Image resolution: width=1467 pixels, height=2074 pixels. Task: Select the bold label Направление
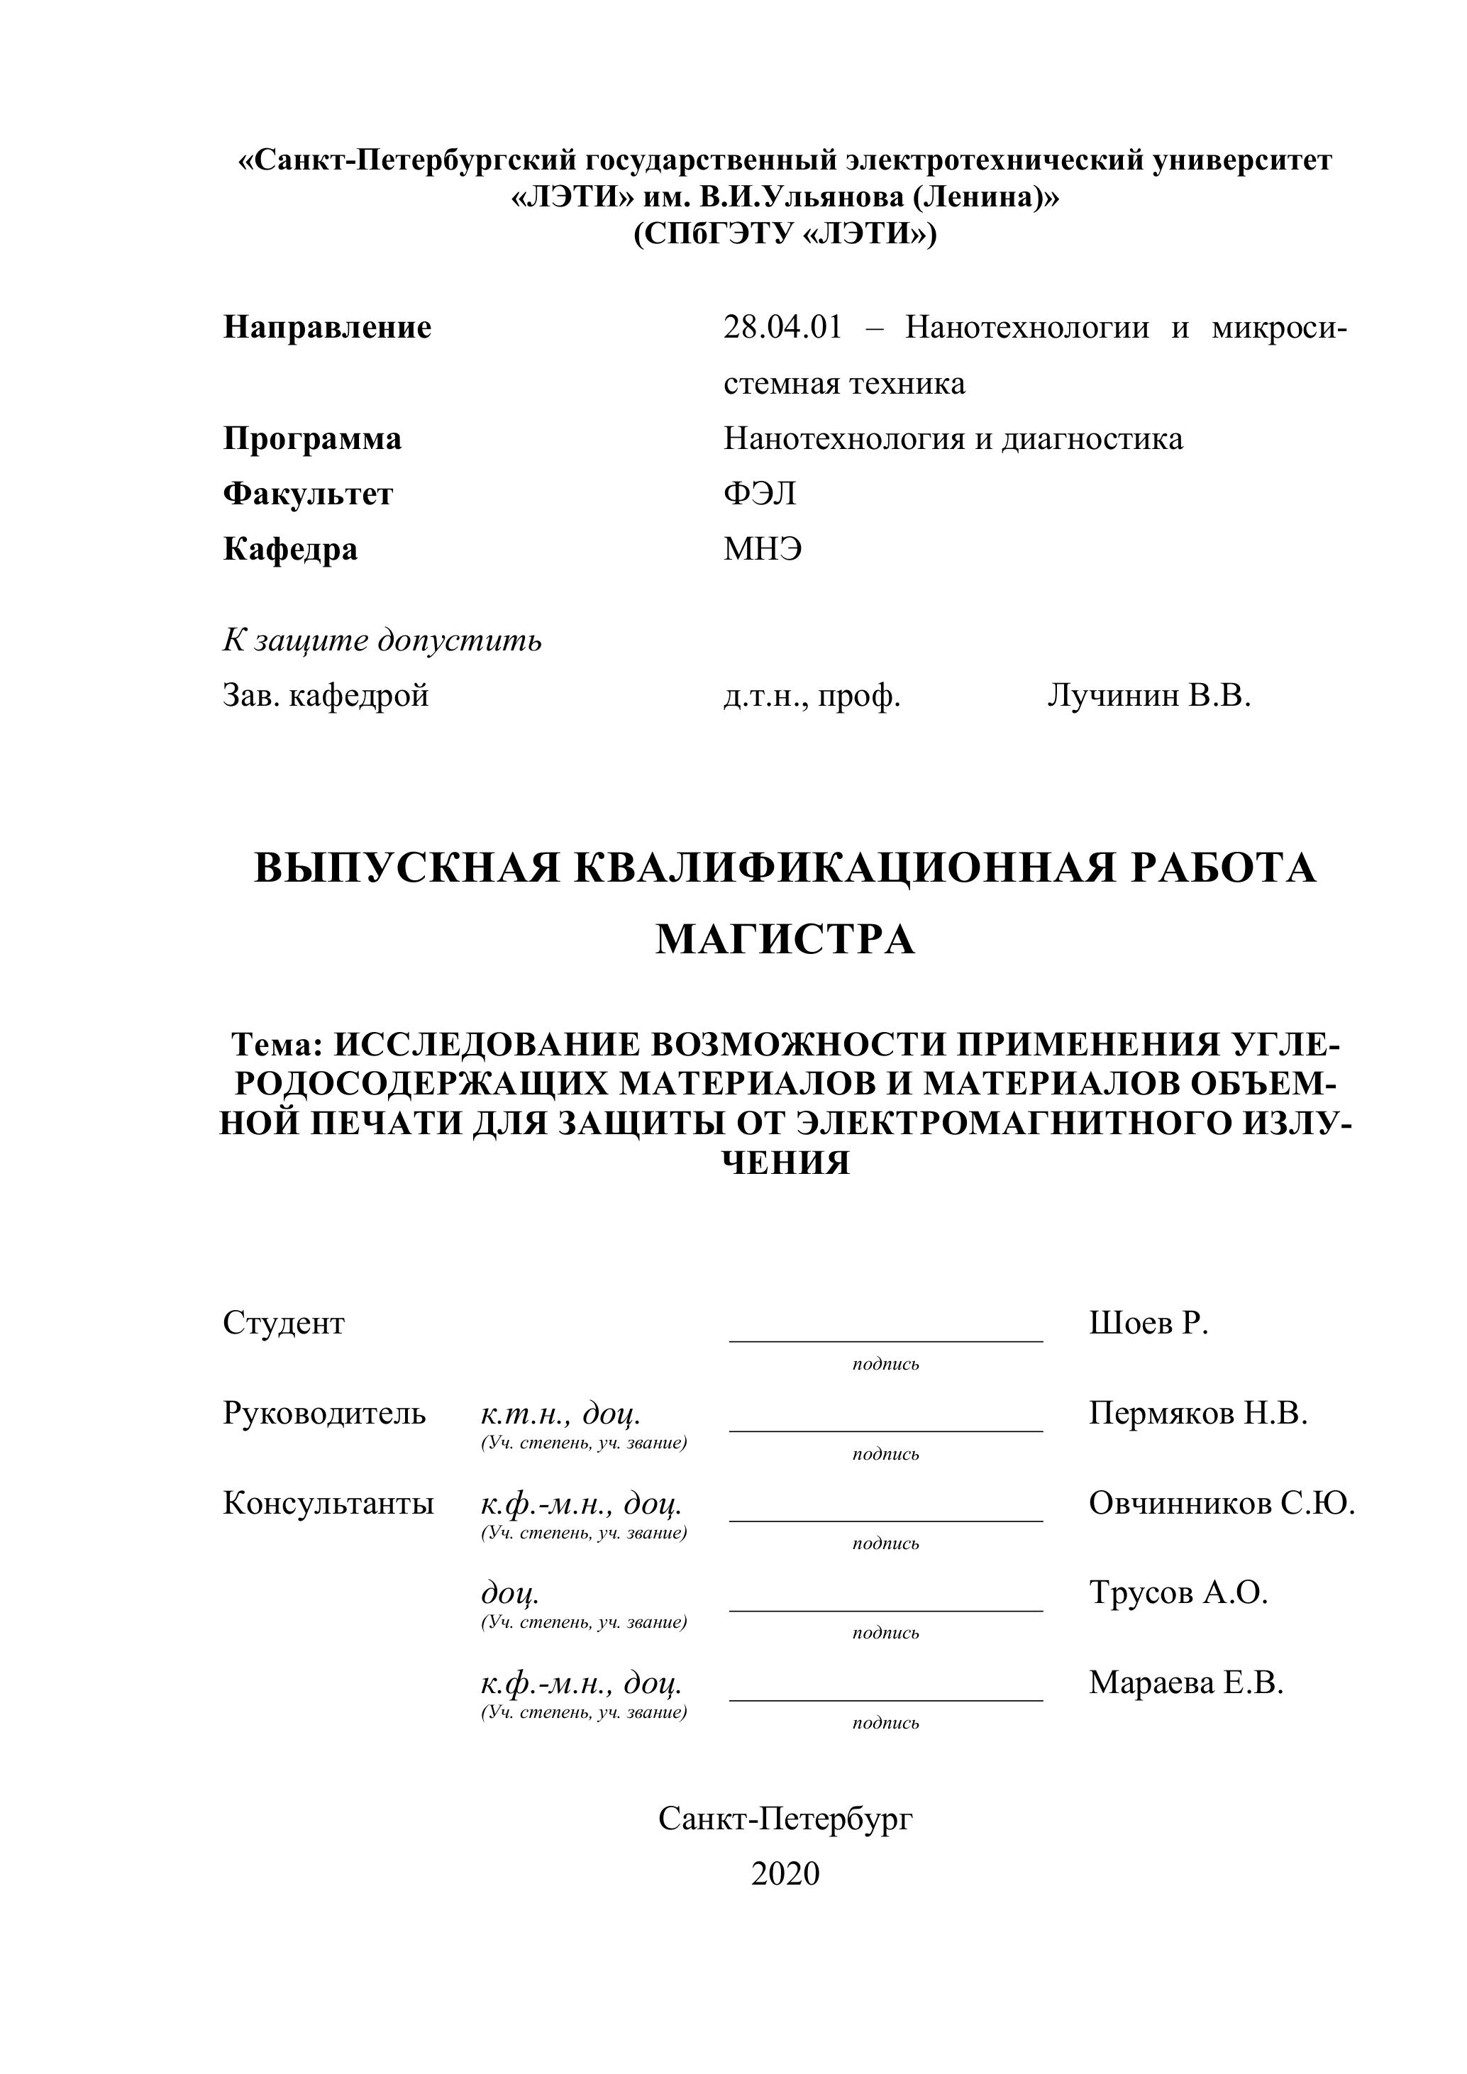pyautogui.click(x=327, y=327)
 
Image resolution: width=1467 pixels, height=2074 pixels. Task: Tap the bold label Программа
pyautogui.click(x=311, y=439)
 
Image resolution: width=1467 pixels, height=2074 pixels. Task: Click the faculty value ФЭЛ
pyautogui.click(x=760, y=494)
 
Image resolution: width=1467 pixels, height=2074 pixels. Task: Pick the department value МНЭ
pyautogui.click(x=763, y=549)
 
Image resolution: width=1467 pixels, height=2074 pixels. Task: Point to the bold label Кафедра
pyautogui.click(x=290, y=549)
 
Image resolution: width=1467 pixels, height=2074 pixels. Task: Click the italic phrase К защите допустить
pyautogui.click(x=382, y=640)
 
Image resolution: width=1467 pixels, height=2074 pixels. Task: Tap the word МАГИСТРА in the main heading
pyautogui.click(x=785, y=939)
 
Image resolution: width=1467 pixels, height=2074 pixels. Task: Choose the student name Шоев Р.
pyautogui.click(x=1148, y=1324)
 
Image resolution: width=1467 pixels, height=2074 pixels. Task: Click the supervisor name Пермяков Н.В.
pyautogui.click(x=1198, y=1413)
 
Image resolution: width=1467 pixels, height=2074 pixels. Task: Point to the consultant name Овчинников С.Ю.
pyautogui.click(x=1222, y=1503)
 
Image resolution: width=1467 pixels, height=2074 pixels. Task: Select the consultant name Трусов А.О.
pyautogui.click(x=1178, y=1592)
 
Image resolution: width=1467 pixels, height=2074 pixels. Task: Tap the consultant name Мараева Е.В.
pyautogui.click(x=1185, y=1682)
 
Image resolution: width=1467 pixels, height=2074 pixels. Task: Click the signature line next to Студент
pyautogui.click(x=885, y=1341)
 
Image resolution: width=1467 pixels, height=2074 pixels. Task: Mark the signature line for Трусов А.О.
pyautogui.click(x=885, y=1609)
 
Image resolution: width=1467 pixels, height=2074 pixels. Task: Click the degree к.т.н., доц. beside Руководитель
pyautogui.click(x=561, y=1414)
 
